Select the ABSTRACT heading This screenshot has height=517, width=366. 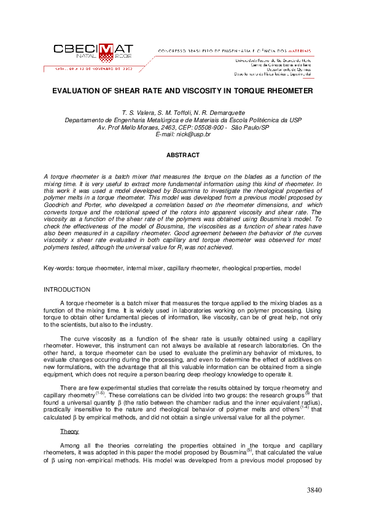[183, 155]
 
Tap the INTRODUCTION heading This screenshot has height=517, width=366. [67, 289]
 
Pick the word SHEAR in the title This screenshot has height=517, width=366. [131, 90]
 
